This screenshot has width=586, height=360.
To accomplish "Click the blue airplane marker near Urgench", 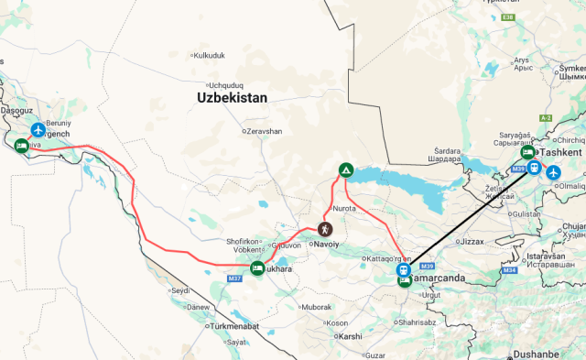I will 38,131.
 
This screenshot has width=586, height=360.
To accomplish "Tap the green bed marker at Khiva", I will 21,145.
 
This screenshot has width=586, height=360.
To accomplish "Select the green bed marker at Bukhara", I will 257,268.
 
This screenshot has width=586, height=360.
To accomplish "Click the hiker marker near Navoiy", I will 324,229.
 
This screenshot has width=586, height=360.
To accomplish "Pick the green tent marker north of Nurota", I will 346,169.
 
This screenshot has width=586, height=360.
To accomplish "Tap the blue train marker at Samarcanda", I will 402,269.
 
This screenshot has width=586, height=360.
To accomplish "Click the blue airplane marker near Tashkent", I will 552,171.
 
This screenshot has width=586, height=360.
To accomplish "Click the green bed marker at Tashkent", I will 527,153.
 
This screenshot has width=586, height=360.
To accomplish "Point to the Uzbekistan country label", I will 232,97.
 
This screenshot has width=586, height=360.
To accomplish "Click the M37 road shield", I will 234,278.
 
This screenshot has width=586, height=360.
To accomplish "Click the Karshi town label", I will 350,336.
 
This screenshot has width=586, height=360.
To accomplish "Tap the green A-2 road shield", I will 546,118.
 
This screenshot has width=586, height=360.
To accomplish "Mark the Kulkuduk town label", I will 208,55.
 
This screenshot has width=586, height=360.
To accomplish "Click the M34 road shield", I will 510,270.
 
